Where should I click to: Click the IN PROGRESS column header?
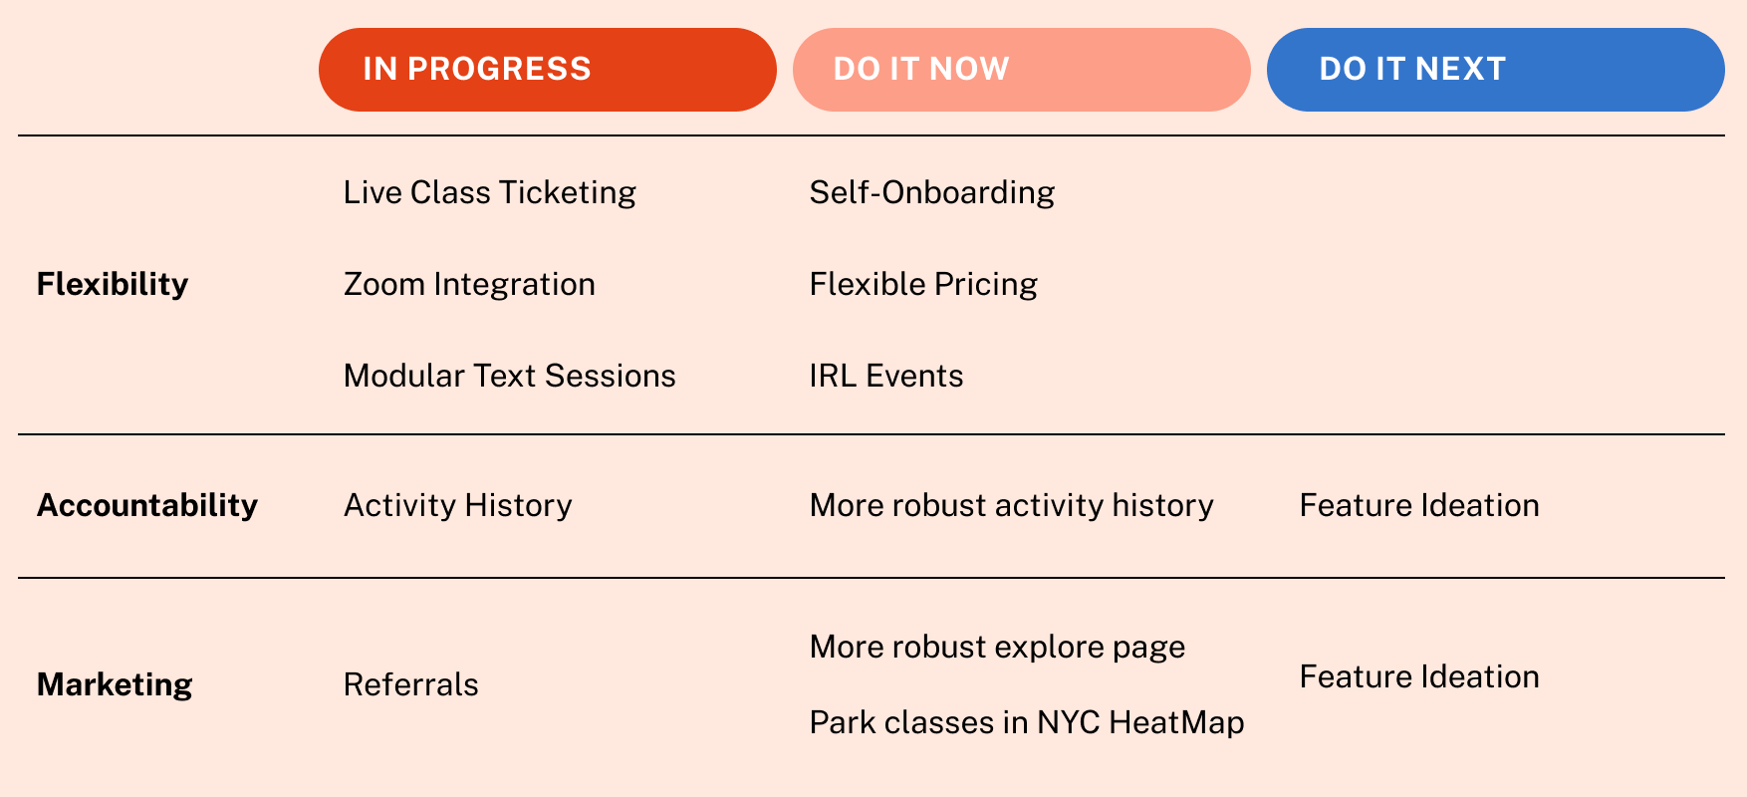(548, 70)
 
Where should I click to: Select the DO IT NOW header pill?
(1022, 70)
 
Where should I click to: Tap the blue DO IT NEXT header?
(1496, 70)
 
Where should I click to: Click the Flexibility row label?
(113, 285)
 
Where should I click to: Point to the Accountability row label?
(147, 506)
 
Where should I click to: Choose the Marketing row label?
(115, 685)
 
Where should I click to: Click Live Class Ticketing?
(490, 193)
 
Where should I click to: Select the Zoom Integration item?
(469, 285)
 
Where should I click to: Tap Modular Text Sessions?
(510, 377)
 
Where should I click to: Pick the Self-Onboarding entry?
(932, 193)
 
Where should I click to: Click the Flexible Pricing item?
(923, 285)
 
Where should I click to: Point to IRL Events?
(886, 377)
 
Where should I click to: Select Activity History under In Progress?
(458, 506)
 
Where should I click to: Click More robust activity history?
(1012, 506)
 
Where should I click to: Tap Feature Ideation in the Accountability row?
(1419, 506)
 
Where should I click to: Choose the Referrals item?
(411, 685)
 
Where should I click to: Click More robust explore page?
(998, 648)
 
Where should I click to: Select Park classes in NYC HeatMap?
(1027, 723)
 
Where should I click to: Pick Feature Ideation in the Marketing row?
(1419, 677)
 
